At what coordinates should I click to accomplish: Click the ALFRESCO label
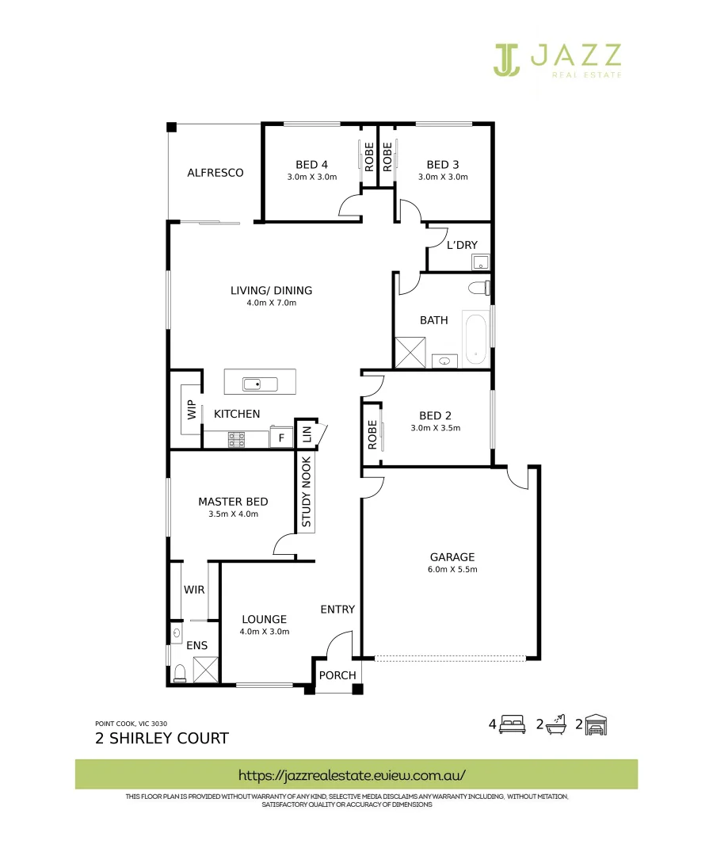215,173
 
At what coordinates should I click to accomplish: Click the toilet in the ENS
180,673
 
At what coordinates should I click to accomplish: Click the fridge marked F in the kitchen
280,438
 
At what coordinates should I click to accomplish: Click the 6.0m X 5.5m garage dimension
452,570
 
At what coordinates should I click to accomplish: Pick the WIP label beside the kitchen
191,409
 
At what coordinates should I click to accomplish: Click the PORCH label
337,675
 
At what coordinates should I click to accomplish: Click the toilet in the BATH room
479,287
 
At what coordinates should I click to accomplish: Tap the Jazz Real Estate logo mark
507,59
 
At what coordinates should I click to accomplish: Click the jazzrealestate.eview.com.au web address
352,774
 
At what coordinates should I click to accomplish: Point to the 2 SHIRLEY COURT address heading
162,739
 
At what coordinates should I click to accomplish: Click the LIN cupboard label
307,434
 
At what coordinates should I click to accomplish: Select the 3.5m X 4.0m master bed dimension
233,514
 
